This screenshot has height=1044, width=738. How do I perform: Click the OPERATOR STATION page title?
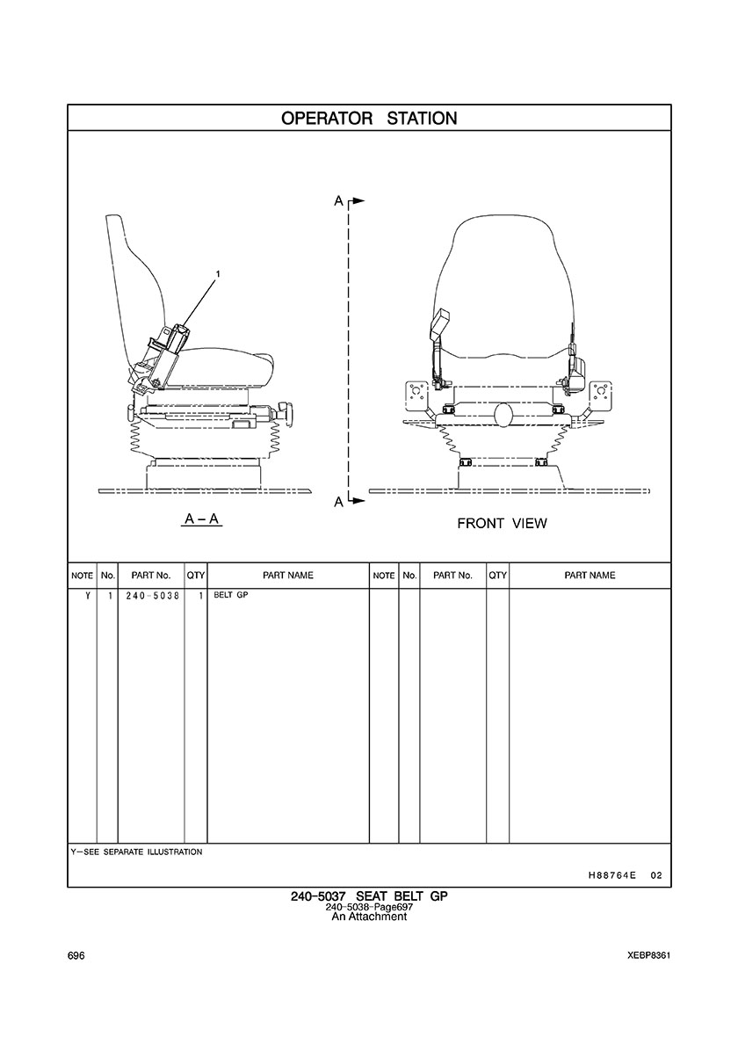click(369, 118)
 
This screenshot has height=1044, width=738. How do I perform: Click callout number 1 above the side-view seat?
click(218, 274)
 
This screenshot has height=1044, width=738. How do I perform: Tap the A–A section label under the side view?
click(201, 519)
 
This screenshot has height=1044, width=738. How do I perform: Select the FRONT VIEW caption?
click(502, 524)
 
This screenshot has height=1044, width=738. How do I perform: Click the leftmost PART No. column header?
click(150, 576)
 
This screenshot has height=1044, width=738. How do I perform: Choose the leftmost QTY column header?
click(195, 576)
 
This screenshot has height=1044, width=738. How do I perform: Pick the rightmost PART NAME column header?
click(590, 576)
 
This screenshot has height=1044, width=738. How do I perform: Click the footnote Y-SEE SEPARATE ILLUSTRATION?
click(136, 852)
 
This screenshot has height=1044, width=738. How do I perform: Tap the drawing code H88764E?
click(612, 876)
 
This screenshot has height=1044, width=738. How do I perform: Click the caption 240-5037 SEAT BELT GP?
click(369, 896)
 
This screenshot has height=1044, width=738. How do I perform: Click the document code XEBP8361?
click(649, 956)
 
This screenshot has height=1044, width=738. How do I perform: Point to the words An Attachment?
click(369, 917)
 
